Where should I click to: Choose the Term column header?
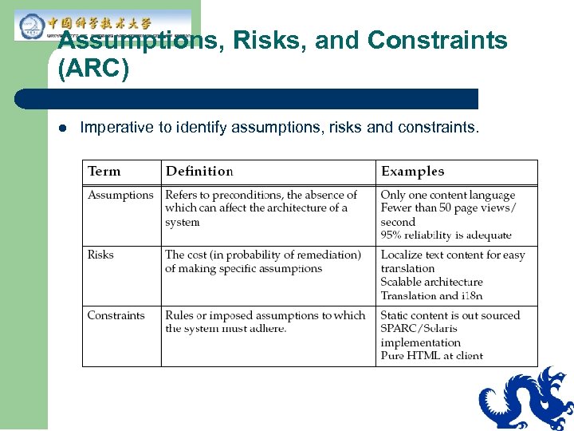click(x=104, y=172)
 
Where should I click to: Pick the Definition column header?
click(x=199, y=172)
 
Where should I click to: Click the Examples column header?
click(x=412, y=172)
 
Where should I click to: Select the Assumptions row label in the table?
click(x=120, y=196)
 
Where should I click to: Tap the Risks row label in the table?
click(x=100, y=255)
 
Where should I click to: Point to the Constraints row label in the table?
click(x=116, y=315)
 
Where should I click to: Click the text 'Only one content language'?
click(x=448, y=196)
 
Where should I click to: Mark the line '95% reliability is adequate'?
click(x=446, y=235)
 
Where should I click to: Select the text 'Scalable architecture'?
click(x=431, y=282)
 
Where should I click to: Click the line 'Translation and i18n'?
click(x=431, y=295)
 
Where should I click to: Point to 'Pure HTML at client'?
click(x=431, y=356)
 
